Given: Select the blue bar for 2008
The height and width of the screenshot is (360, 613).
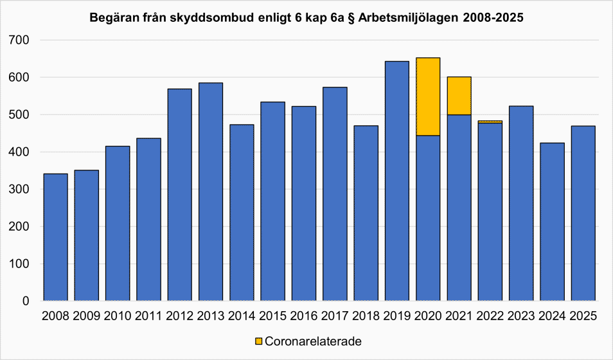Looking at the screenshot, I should coord(56,237).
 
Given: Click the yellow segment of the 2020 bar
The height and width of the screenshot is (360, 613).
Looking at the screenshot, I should coord(428,96).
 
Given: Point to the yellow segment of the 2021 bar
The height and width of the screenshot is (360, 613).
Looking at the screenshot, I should coord(459,96).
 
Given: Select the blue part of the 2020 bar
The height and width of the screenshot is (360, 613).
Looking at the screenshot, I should coord(428,218).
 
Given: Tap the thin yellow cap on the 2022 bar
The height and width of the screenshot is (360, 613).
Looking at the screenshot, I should coord(490,121).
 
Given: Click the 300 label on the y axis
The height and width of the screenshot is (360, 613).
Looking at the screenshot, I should coord(21,190).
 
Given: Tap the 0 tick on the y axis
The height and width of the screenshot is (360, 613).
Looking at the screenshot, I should coord(26,301).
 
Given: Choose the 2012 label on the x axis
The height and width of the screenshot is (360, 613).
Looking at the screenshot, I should coord(179,316).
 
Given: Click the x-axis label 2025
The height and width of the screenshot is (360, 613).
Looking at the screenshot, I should coord(583,316).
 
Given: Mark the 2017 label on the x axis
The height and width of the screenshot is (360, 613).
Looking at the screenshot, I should coord(335,316).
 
